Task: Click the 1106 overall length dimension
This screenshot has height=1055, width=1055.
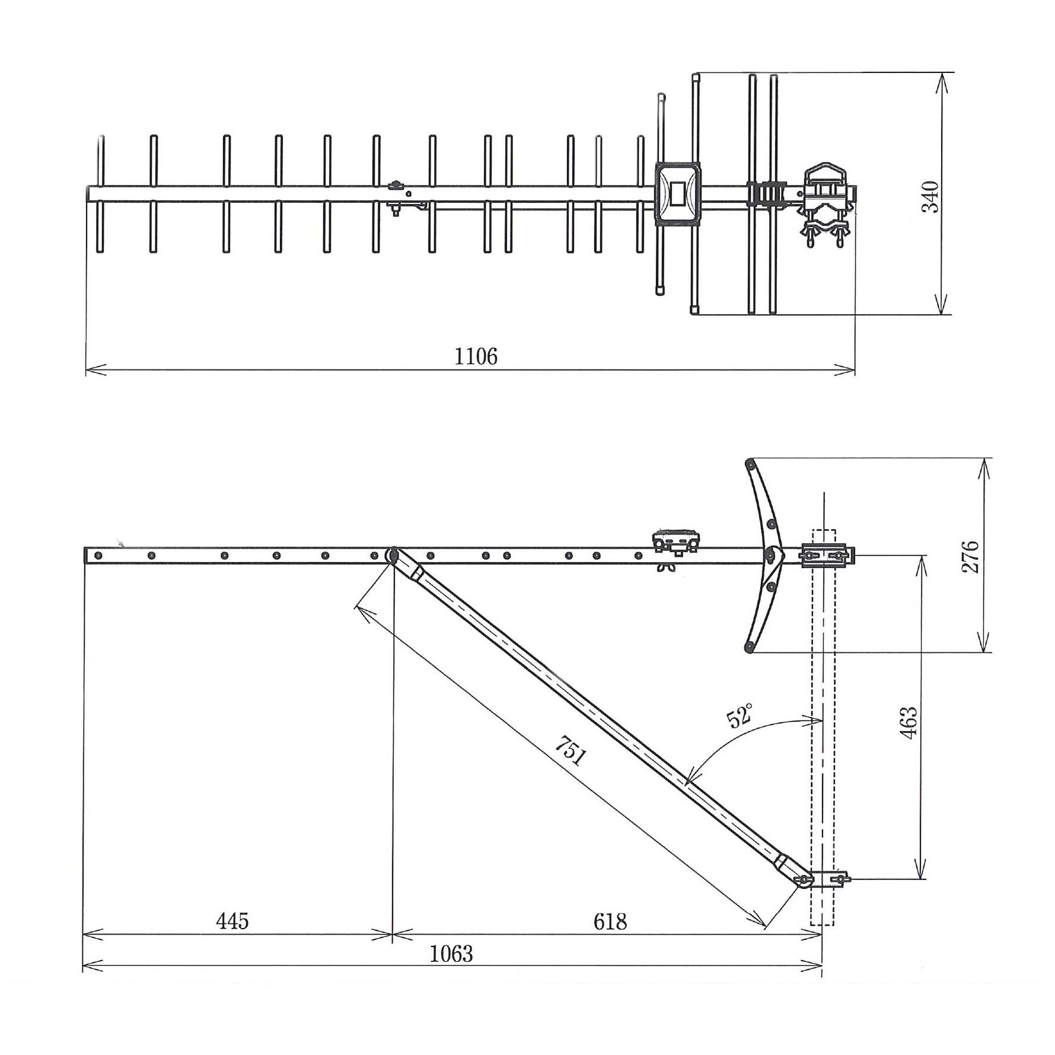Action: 476,356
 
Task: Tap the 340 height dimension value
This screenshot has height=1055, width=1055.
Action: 930,196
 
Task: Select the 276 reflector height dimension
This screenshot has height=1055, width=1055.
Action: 970,556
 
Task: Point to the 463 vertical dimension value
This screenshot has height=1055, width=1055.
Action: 909,722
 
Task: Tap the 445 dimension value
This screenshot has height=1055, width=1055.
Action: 232,922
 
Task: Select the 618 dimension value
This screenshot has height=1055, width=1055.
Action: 610,922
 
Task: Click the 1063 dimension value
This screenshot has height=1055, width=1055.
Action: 451,954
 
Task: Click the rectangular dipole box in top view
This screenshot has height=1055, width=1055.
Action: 677,193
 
